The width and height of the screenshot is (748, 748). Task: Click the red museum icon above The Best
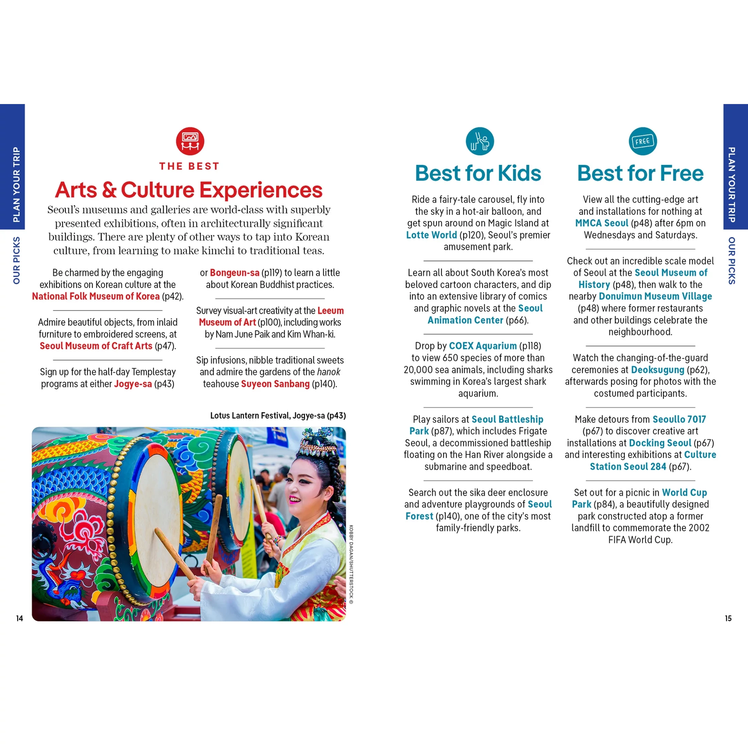pyautogui.click(x=190, y=141)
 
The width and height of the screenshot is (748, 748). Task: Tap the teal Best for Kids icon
pyautogui.click(x=480, y=141)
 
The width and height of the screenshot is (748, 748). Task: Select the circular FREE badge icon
pyautogui.click(x=642, y=141)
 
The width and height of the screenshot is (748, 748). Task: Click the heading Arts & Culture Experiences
pyautogui.click(x=189, y=190)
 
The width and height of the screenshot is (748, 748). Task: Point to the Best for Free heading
pyautogui.click(x=640, y=173)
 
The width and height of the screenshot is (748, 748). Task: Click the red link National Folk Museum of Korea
pyautogui.click(x=96, y=296)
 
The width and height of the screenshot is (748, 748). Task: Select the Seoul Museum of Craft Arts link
pyautogui.click(x=96, y=346)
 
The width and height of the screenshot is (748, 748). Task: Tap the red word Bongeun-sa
pyautogui.click(x=234, y=273)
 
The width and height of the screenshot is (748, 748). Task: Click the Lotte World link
pyautogui.click(x=431, y=235)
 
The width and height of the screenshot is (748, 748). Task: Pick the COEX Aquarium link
pyautogui.click(x=483, y=346)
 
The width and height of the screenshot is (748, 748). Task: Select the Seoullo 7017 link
pyautogui.click(x=679, y=419)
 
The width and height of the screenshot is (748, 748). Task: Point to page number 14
pyautogui.click(x=19, y=618)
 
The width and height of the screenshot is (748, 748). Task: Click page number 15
pyautogui.click(x=728, y=618)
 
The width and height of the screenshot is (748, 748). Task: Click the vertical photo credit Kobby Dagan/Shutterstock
pyautogui.click(x=351, y=564)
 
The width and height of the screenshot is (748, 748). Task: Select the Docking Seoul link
pyautogui.click(x=660, y=443)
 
